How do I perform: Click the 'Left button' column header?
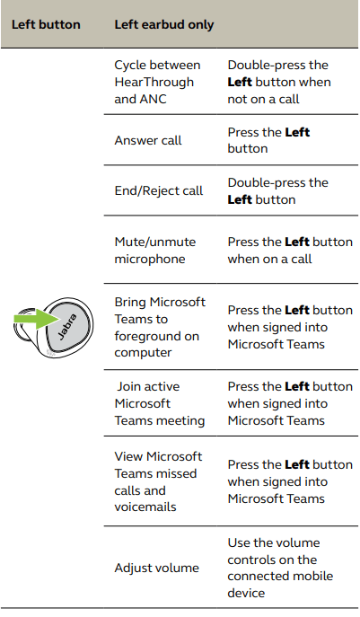tap(46, 24)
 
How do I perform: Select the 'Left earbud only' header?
tap(164, 25)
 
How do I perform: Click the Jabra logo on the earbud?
tap(67, 327)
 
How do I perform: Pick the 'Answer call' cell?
tap(148, 140)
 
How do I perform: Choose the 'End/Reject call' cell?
tap(159, 190)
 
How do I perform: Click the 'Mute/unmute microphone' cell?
tap(155, 251)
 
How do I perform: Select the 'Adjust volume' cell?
tap(156, 568)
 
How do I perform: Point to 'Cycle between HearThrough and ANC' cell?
tap(157, 82)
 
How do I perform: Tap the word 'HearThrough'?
tap(154, 82)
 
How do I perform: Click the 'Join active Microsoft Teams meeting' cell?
tap(160, 403)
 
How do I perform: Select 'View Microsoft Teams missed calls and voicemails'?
tap(158, 481)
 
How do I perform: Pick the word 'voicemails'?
tap(145, 507)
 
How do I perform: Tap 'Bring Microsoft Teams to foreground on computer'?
tap(160, 328)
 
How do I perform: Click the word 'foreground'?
tap(156, 337)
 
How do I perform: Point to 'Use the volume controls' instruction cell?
tap(280, 568)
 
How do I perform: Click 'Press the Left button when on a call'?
tap(290, 251)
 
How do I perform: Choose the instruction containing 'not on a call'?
tap(279, 82)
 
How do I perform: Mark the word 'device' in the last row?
tap(246, 593)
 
